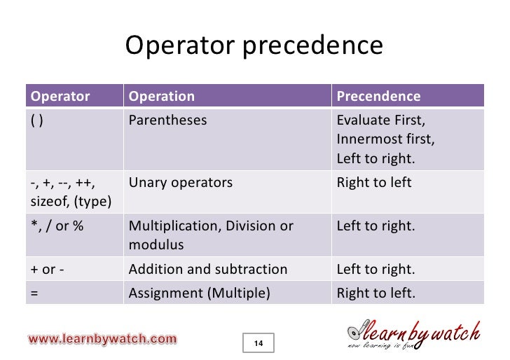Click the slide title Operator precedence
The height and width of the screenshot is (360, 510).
tap(254, 46)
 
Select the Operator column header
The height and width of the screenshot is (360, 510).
tap(61, 96)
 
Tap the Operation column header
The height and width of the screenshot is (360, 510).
tap(162, 96)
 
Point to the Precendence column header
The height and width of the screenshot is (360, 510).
tap(378, 96)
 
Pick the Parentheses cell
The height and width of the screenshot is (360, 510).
tap(168, 120)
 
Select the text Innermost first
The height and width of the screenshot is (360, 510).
tap(385, 139)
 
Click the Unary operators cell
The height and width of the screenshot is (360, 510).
tap(181, 183)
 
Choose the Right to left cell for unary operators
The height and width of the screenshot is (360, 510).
tap(374, 183)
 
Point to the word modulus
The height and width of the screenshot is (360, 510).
tap(156, 245)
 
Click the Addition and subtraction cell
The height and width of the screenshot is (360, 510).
tap(208, 269)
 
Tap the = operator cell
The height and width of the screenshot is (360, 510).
tap(34, 293)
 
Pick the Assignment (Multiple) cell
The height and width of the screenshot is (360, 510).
tap(200, 293)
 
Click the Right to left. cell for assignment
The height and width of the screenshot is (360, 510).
tap(375, 293)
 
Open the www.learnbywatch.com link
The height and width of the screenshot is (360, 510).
tap(102, 340)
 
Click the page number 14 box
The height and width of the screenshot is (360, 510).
tap(259, 343)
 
